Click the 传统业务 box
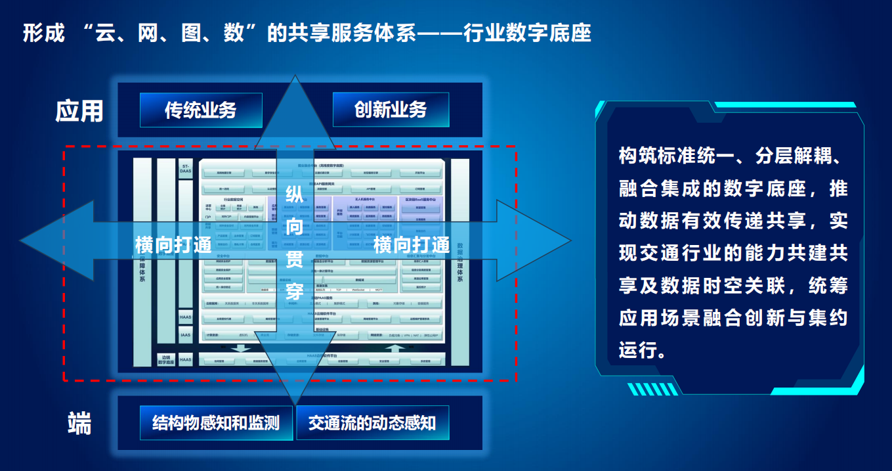pos(201,110)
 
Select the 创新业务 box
pos(391,110)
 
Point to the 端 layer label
pos(79,424)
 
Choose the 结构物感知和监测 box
pos(216,422)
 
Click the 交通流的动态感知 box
pos(372,422)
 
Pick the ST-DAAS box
pos(186,168)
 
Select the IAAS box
pos(186,335)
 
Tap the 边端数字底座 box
pos(165,360)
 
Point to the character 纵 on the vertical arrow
pos(295,195)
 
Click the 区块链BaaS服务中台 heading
pos(420,198)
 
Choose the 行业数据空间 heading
pos(233,198)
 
